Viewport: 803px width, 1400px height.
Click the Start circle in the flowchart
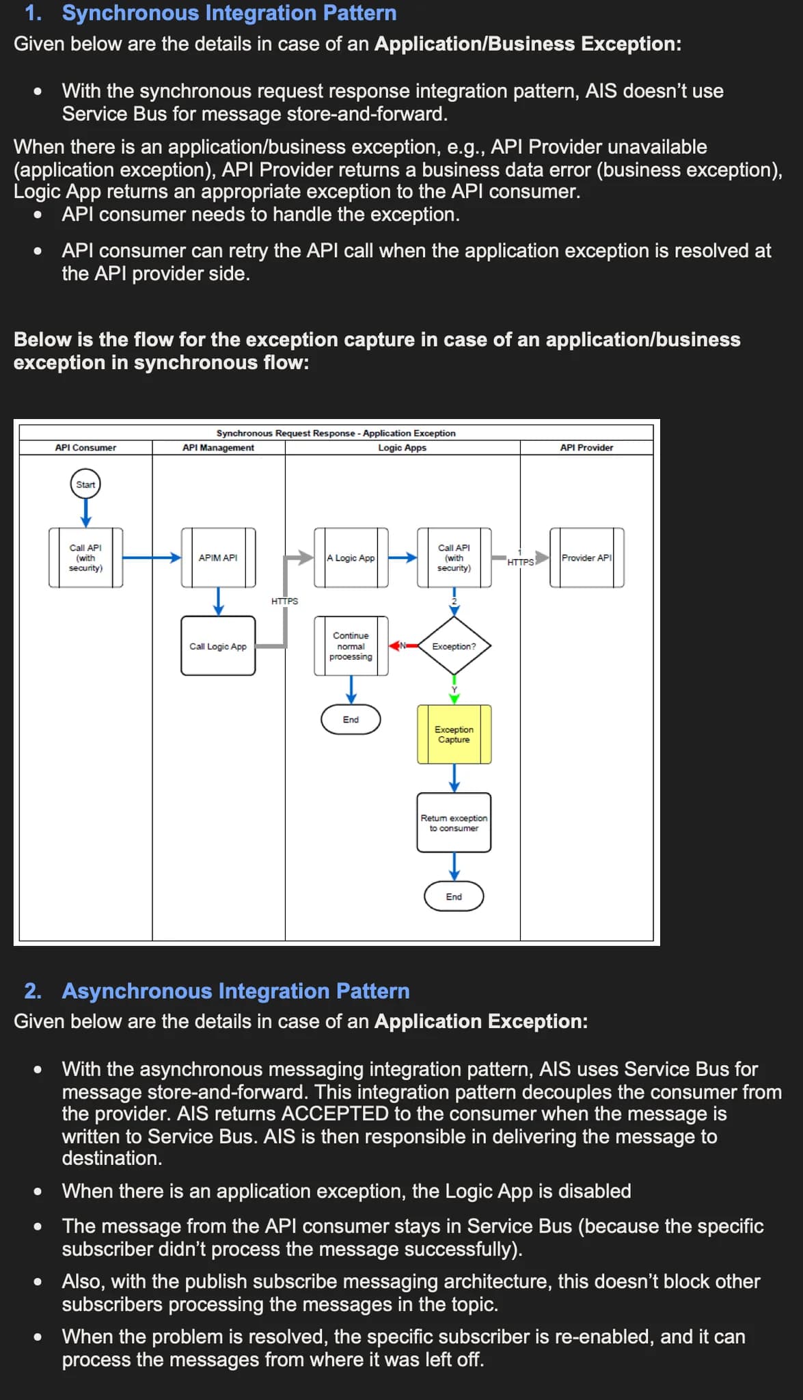click(x=85, y=484)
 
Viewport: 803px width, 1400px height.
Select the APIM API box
click(x=218, y=557)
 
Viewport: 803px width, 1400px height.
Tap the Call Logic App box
click(x=218, y=646)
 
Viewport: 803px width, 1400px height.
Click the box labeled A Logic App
click(x=351, y=557)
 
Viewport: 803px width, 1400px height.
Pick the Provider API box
click(x=586, y=557)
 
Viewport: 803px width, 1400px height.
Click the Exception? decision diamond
click(x=454, y=646)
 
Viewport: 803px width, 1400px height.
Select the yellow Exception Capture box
click(x=454, y=734)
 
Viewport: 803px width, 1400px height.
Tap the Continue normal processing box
click(x=351, y=646)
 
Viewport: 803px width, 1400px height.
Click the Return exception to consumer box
click(x=454, y=822)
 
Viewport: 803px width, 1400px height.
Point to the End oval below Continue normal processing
click(x=351, y=719)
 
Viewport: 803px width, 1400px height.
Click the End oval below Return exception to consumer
click(x=454, y=896)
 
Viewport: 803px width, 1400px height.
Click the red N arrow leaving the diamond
click(x=403, y=645)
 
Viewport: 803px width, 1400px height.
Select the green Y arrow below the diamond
click(x=454, y=690)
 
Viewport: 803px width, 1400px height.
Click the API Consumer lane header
click(x=85, y=448)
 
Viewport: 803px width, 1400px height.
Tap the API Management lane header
click(x=218, y=448)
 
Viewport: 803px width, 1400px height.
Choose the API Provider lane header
click(x=586, y=448)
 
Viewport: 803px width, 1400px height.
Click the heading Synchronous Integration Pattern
click(x=229, y=13)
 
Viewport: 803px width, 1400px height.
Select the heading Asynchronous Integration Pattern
click(x=236, y=991)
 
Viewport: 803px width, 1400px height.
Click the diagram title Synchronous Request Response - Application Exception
click(x=336, y=433)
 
